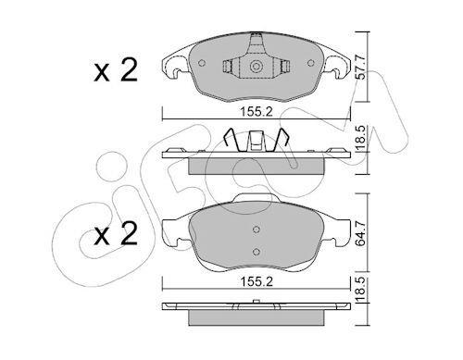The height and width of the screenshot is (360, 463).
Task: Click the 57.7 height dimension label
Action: pos(360,68)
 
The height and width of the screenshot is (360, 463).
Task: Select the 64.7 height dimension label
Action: pos(360,233)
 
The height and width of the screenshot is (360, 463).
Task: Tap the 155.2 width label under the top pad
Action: pos(257,112)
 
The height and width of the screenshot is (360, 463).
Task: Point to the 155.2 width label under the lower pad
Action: pos(257,281)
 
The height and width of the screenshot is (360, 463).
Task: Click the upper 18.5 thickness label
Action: pos(360,138)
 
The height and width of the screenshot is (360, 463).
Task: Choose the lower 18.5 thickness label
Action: pos(360,290)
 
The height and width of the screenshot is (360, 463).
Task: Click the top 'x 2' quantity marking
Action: pos(116,70)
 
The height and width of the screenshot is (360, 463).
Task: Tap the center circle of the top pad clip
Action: pos(256,67)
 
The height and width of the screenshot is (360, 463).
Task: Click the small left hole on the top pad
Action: pos(202,63)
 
